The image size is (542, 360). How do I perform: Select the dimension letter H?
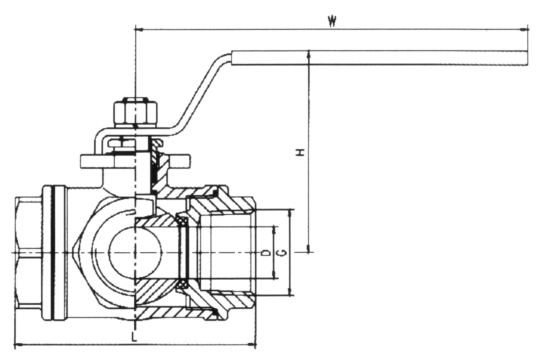[x=301, y=152]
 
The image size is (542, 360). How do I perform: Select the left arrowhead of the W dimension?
[x=139, y=29]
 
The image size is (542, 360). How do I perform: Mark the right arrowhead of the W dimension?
[x=524, y=29]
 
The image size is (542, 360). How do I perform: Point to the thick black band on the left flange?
[x=55, y=253]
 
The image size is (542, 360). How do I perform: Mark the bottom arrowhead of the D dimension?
[x=274, y=276]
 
